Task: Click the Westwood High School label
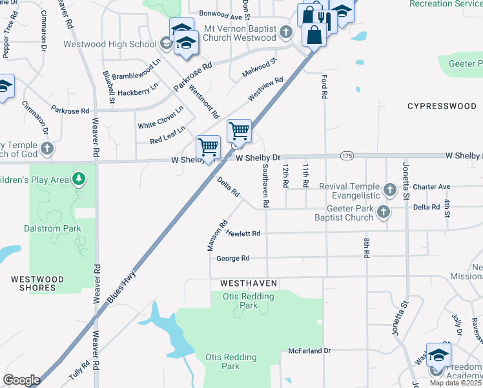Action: tap(110, 45)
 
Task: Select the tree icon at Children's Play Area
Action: tap(79, 178)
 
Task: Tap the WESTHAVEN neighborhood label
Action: tap(248, 283)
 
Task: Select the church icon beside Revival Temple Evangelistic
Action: tap(389, 189)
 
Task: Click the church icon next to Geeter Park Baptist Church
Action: tap(384, 211)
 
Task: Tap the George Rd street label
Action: tap(233, 259)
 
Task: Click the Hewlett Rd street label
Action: tap(243, 233)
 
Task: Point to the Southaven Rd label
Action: tap(265, 185)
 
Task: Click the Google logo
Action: tap(21, 380)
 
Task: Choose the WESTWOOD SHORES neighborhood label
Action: tap(37, 283)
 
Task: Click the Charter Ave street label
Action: tap(431, 187)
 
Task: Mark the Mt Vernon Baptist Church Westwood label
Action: tap(240, 34)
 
